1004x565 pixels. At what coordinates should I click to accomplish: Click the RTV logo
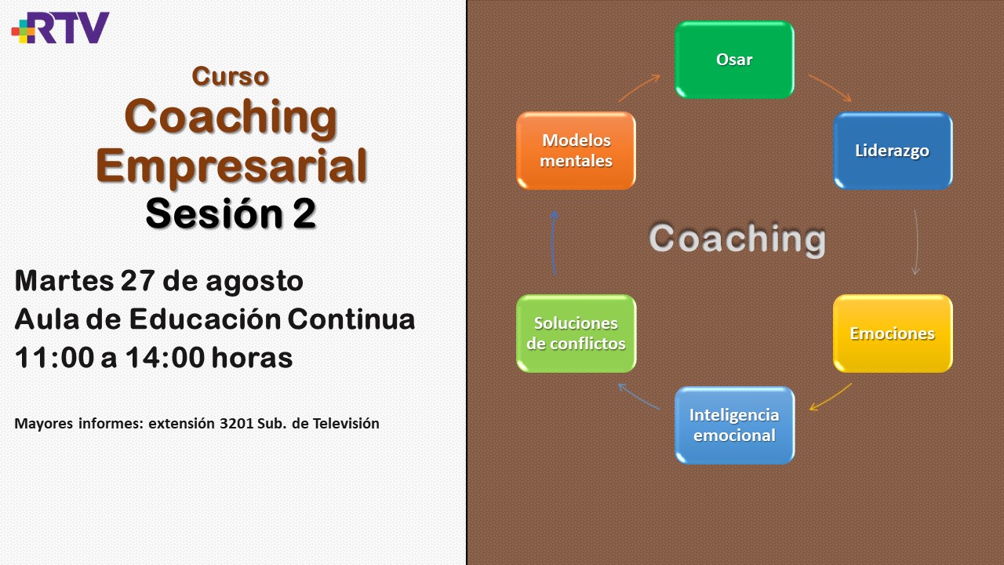click(x=60, y=27)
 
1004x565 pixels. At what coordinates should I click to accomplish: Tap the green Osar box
click(x=735, y=60)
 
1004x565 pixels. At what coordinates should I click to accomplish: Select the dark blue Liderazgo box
click(x=893, y=151)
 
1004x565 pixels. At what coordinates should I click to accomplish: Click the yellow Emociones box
click(x=893, y=334)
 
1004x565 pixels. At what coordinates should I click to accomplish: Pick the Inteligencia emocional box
click(x=735, y=425)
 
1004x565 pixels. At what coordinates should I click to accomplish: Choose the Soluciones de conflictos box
click(x=576, y=334)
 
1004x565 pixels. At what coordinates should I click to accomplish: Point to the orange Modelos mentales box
click(x=576, y=151)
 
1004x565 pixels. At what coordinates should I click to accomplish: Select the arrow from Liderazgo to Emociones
click(x=917, y=242)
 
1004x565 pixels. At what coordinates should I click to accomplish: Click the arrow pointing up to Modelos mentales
click(x=553, y=242)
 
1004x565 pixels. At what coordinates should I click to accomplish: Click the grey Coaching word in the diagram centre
click(x=737, y=239)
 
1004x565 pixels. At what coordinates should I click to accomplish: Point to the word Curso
click(x=231, y=76)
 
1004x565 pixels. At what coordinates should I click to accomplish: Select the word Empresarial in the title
click(x=231, y=166)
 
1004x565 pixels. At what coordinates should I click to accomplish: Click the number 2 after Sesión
click(x=305, y=213)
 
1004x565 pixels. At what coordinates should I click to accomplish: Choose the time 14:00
click(x=165, y=358)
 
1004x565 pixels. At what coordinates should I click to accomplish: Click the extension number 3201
click(x=236, y=423)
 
